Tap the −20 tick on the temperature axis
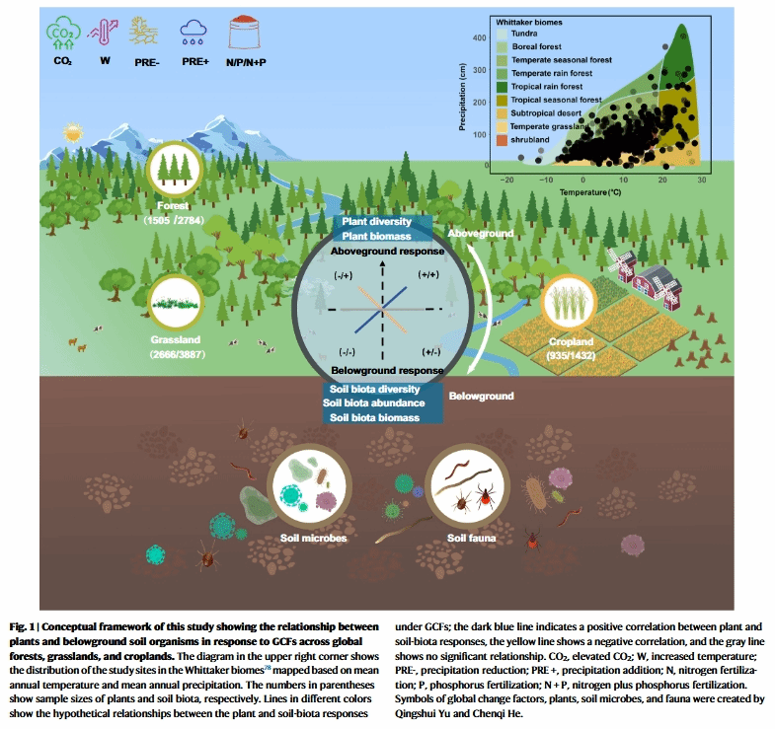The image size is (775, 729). click(x=505, y=181)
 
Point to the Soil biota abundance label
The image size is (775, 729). click(x=375, y=403)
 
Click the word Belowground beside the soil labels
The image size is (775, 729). click(x=482, y=396)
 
